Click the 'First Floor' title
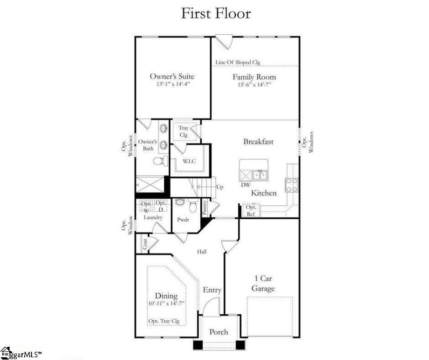coord(216,14)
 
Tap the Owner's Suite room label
coord(172,76)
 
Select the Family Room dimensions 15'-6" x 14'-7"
coord(254,85)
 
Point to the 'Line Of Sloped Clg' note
coord(238,63)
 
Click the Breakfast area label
coord(258,142)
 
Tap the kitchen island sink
coord(259,175)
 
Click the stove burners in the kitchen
coord(291,185)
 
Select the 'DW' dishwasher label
coord(246,185)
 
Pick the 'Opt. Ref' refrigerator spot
coord(251,211)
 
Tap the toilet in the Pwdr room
coord(194,206)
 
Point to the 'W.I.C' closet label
coord(189,161)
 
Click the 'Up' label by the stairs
coord(220,187)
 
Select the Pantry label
coord(204,207)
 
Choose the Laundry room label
coord(153,217)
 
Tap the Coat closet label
coord(145,244)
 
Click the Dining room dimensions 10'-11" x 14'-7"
coord(166,303)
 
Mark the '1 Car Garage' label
coord(263,284)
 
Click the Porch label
coord(219,332)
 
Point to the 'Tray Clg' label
coord(183,131)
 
